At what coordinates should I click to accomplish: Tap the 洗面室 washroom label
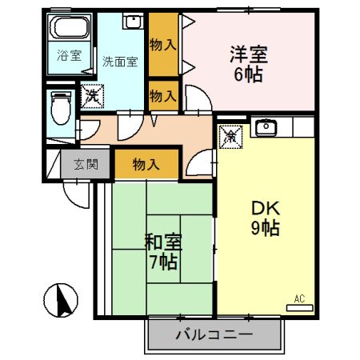(118, 60)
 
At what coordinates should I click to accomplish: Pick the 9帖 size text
(263, 228)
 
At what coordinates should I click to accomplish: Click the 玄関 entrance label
(86, 166)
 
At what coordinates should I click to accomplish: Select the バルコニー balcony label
(214, 334)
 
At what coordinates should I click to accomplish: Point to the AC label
(299, 298)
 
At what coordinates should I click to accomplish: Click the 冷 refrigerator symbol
(230, 135)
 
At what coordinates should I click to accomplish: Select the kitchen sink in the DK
(265, 127)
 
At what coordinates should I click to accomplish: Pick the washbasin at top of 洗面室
(133, 22)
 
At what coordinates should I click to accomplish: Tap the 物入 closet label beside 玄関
(146, 165)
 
